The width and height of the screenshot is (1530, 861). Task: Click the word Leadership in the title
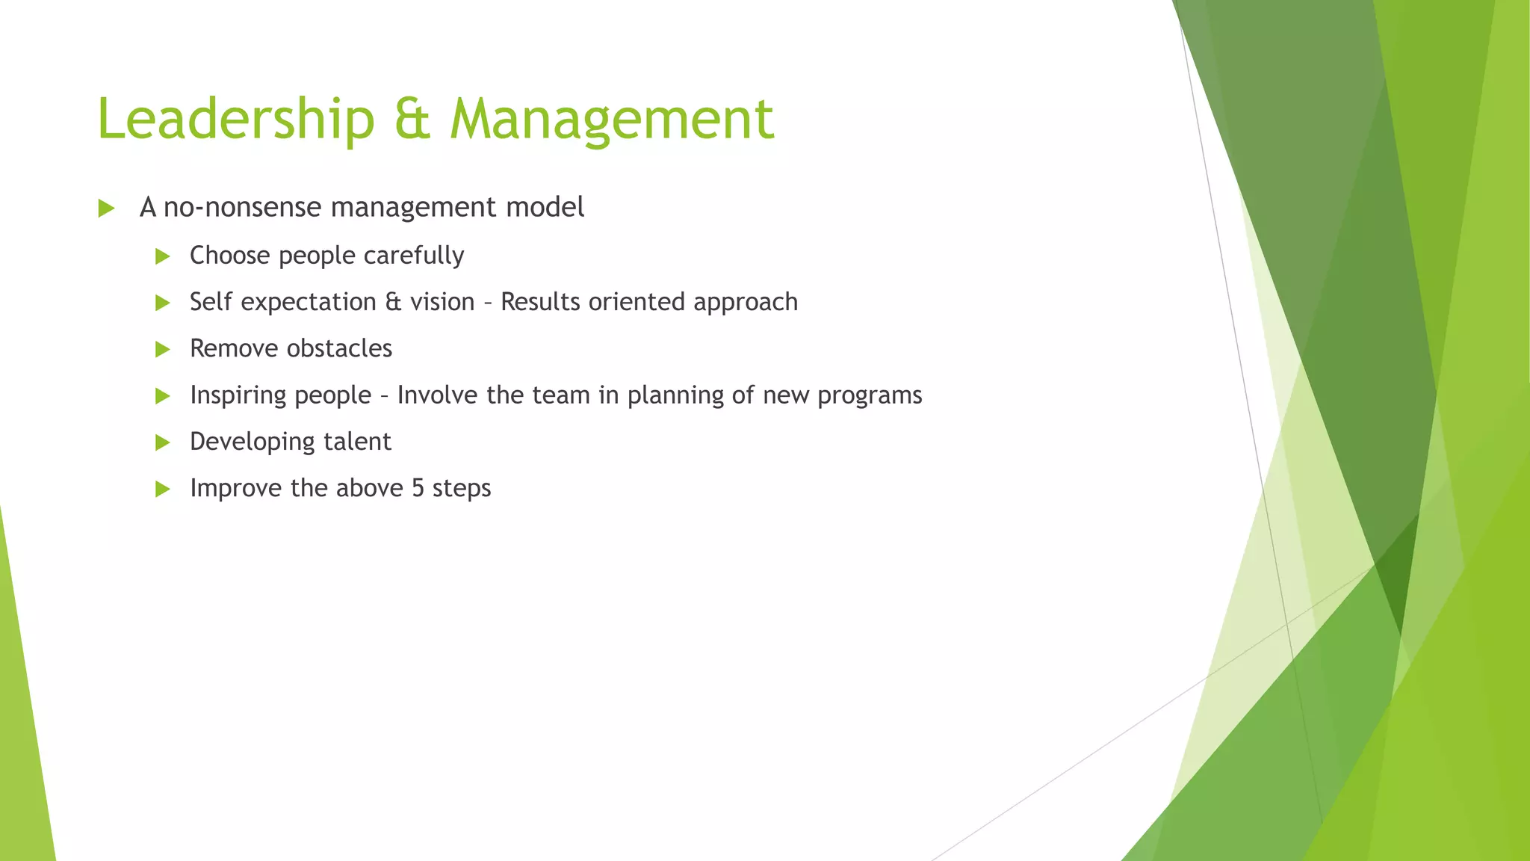(x=235, y=120)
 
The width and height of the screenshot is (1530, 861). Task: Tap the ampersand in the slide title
(x=412, y=120)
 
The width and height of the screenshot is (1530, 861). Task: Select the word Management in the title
(x=611, y=120)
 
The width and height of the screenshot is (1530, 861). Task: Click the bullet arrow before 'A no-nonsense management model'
(x=106, y=209)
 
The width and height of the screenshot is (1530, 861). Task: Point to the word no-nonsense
(x=243, y=208)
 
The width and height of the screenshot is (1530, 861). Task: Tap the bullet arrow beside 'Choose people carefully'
(x=162, y=256)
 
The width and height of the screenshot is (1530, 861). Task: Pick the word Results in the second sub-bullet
(x=540, y=302)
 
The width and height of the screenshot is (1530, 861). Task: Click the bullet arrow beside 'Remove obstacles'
(x=162, y=349)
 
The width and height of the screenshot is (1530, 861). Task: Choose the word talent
(x=357, y=442)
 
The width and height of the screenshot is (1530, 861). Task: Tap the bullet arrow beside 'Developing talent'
(x=162, y=442)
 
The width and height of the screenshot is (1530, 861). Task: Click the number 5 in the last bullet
(x=418, y=488)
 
